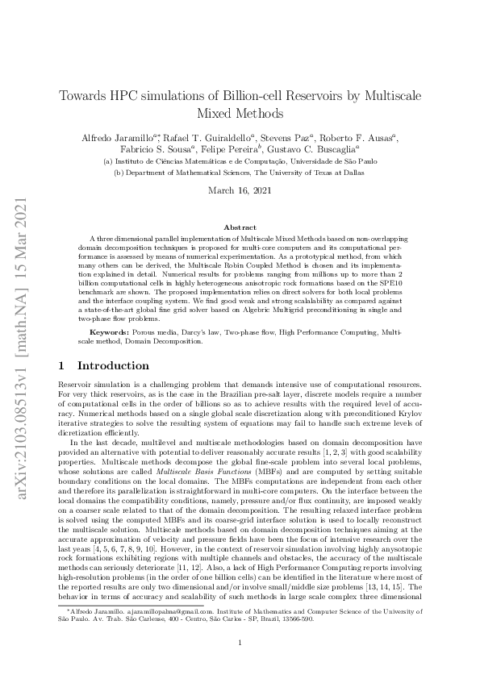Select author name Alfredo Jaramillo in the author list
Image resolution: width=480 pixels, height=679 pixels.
pos(114,138)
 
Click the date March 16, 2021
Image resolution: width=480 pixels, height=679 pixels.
pos(240,191)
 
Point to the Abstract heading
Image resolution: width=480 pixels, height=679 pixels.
pos(240,228)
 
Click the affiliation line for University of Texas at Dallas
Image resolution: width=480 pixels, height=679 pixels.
pos(240,173)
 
